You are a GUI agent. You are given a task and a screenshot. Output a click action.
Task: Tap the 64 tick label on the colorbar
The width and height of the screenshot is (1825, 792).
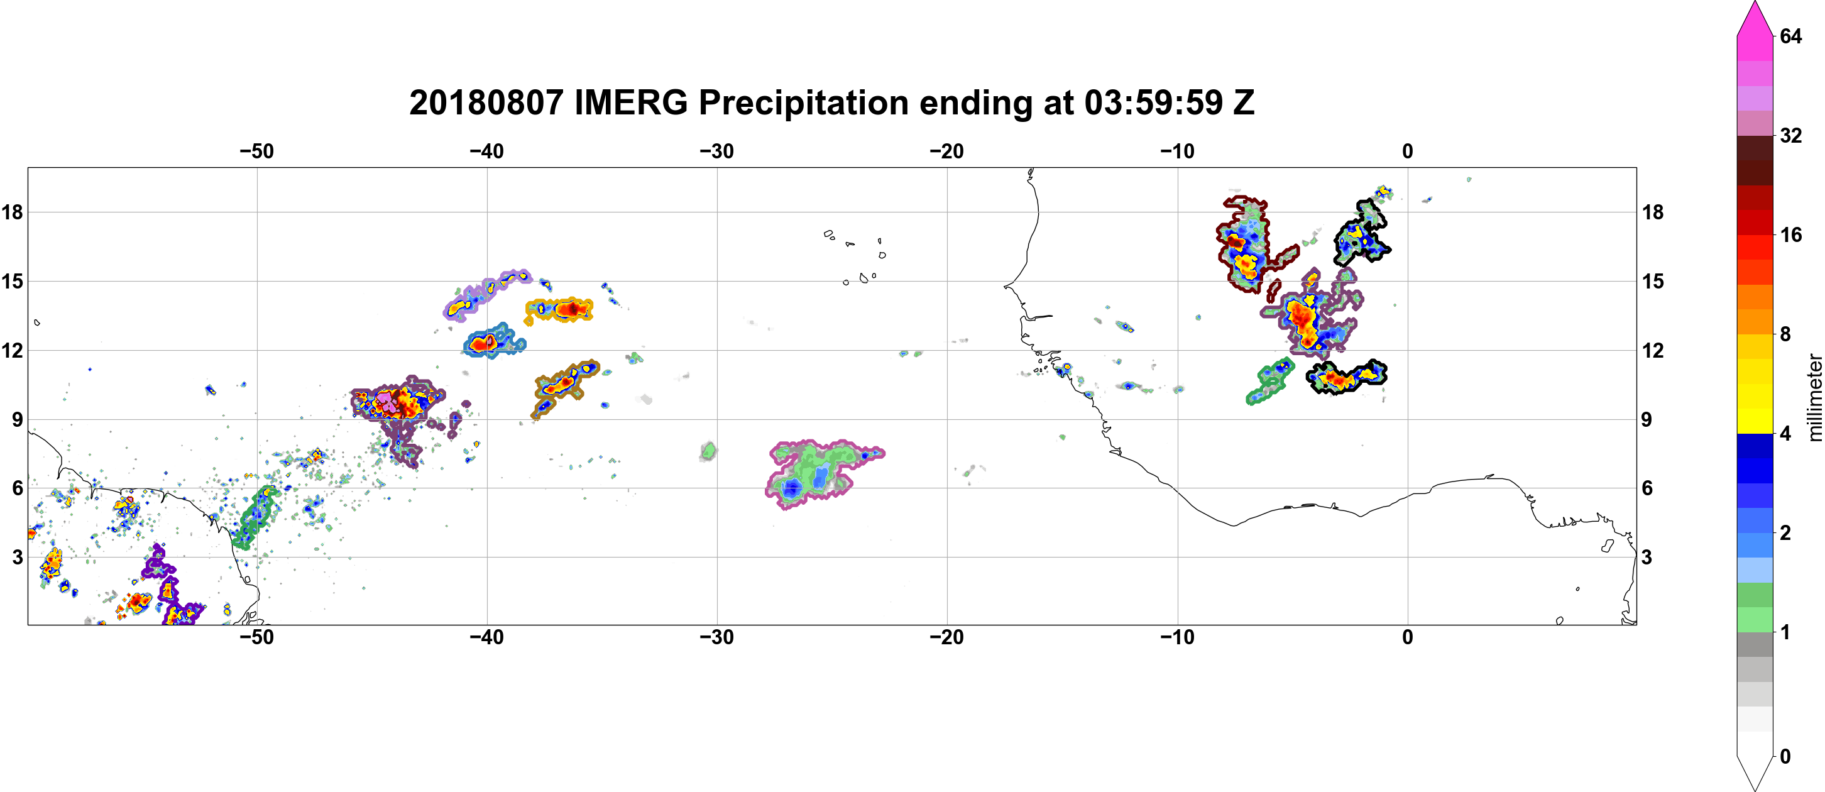(1790, 36)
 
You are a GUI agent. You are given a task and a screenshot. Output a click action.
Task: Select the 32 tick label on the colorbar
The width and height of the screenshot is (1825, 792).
(1790, 135)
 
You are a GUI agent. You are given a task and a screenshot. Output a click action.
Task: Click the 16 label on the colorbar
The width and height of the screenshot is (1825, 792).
(1790, 234)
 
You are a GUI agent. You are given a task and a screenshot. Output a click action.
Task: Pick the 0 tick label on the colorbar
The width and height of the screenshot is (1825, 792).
(1785, 757)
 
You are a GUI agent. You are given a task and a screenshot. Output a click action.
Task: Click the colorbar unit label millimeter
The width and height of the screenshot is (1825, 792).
(1814, 398)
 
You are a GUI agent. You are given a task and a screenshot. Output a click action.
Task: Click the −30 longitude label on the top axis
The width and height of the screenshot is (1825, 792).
(717, 151)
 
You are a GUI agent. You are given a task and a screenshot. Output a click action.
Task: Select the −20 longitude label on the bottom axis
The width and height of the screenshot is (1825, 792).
(947, 637)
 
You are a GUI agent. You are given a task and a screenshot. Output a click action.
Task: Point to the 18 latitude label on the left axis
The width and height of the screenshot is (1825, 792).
(12, 212)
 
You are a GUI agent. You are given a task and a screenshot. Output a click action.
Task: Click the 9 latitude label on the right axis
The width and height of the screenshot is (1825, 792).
(1647, 419)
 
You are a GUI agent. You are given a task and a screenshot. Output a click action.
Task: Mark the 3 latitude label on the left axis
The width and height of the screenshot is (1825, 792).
(17, 557)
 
